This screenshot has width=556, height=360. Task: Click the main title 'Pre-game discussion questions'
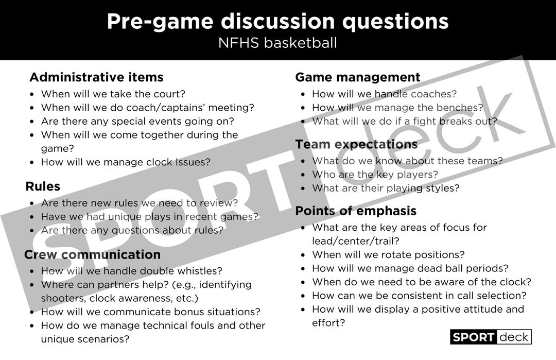point(277,22)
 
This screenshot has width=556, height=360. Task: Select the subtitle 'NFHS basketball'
point(277,43)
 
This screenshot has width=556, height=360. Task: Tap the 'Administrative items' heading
point(96,77)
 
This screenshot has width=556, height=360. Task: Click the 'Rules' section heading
point(43,186)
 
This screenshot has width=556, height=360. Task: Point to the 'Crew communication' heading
point(93,254)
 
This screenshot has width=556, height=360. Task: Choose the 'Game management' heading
point(358,77)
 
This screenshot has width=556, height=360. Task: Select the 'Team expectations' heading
point(356,144)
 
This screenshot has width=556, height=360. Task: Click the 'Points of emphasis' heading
point(356,211)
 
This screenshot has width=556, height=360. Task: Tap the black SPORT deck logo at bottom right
point(491,337)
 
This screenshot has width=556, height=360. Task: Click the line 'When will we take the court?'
point(113,94)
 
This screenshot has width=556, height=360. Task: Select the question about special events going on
point(137,122)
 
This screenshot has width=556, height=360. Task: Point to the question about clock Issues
point(126,162)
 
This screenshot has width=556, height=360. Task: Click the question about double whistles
point(132,270)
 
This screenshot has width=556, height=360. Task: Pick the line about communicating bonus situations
point(151,312)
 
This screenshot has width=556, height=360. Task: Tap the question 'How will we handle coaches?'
point(385,94)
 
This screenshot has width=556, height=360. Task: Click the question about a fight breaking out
point(405,122)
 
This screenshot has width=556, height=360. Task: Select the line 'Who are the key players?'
point(375,175)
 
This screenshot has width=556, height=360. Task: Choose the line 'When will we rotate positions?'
point(389,254)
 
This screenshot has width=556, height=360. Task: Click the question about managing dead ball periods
point(410,268)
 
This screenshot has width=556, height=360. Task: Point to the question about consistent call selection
point(420,296)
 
